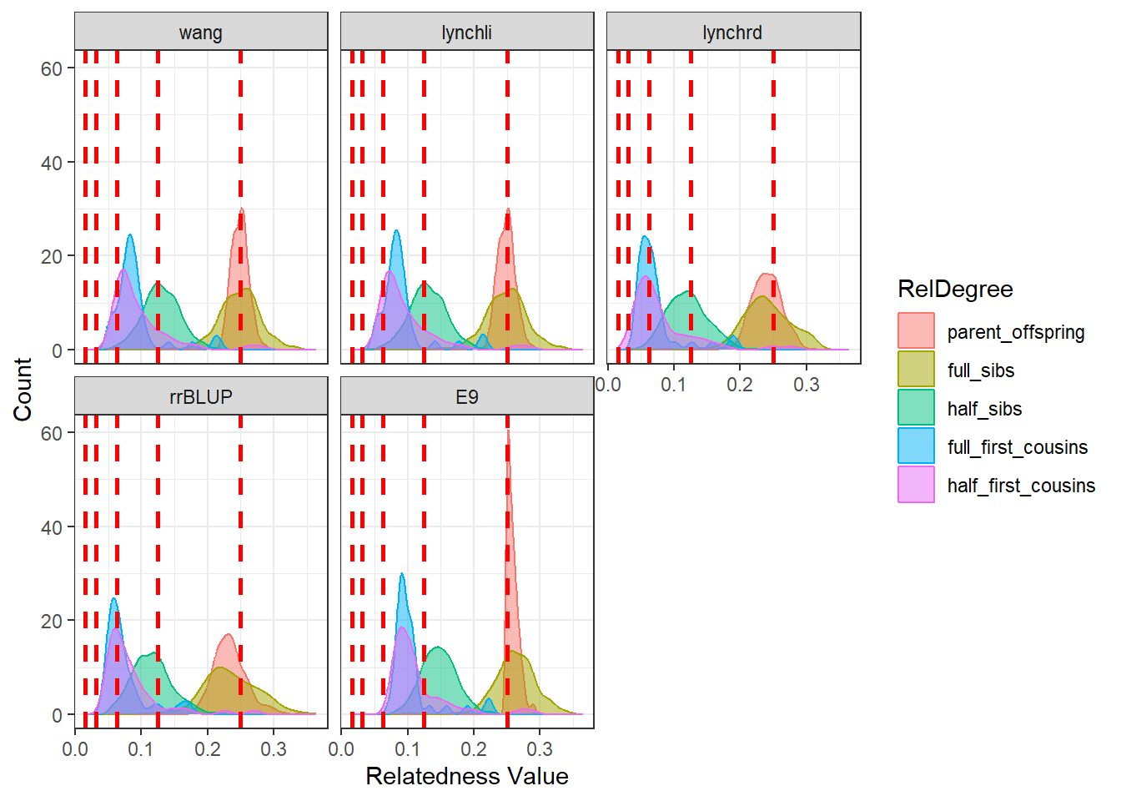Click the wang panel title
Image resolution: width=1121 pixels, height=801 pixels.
point(200,33)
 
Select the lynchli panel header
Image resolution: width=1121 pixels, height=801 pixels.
point(466,33)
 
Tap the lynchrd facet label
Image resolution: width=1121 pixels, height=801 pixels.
point(732,33)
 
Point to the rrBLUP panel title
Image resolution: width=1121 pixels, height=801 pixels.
point(200,397)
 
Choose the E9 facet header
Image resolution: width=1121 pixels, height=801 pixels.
point(466,397)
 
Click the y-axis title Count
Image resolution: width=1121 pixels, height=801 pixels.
point(23,390)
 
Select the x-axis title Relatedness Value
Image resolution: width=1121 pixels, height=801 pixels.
point(466,776)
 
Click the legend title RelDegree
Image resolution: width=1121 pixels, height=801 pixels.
point(955,289)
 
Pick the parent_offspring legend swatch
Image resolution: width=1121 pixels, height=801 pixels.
point(916,331)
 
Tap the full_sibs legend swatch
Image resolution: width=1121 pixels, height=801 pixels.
point(916,370)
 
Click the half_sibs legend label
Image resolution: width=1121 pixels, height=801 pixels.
point(984,409)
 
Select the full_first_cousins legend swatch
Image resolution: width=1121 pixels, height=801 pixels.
point(916,446)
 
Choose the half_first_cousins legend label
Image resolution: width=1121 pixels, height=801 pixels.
point(1021,486)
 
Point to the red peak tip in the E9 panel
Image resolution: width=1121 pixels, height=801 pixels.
point(508,431)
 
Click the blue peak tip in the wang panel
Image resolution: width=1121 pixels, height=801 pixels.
point(130,235)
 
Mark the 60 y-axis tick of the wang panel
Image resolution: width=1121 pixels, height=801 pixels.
point(52,69)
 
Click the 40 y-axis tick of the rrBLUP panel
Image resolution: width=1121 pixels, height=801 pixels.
point(52,527)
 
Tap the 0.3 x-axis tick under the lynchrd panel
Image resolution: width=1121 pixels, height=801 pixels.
point(806,385)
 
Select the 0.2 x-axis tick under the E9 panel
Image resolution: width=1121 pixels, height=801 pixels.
point(474,749)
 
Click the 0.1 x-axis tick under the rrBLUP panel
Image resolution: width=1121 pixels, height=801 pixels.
point(141,749)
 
